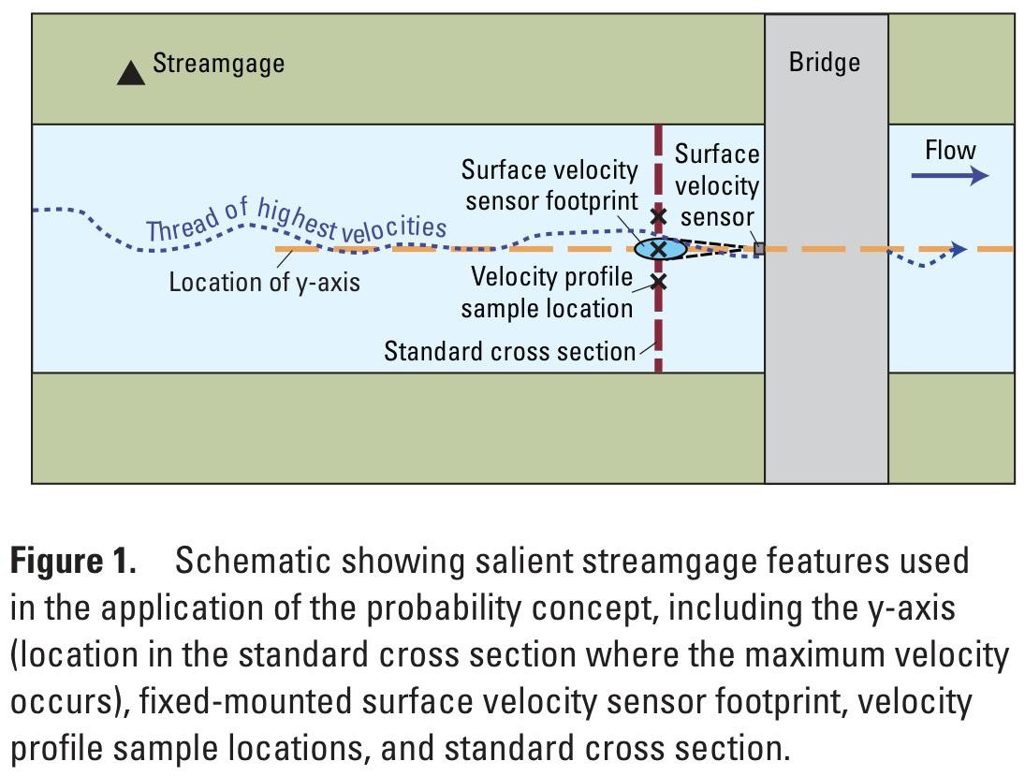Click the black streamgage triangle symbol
pos(131,73)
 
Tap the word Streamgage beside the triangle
pos(218,64)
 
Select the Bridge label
pos(825,63)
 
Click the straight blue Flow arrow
pos(949,175)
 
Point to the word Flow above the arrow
pos(950,150)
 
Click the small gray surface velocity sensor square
pos(759,248)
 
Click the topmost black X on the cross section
pos(658,215)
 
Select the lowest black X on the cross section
pos(658,281)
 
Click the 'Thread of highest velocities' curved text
pos(295,220)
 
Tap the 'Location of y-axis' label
pos(264,282)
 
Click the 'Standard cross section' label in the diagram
pos(509,351)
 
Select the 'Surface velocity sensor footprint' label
pos(549,184)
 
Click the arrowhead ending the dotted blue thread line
pos(958,249)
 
